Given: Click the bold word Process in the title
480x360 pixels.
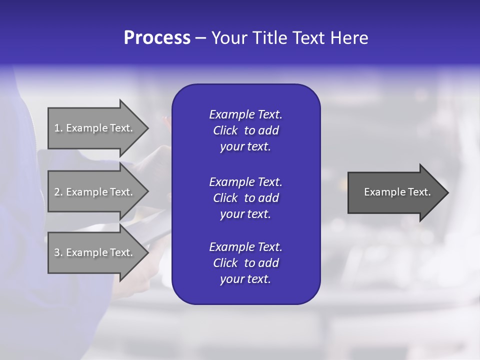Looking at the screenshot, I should tap(157, 38).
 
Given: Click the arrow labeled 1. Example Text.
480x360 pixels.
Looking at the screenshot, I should tap(95, 128).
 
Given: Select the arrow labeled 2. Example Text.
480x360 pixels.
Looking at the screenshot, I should tap(95, 192).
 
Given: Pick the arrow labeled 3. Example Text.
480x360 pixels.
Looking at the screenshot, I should tap(95, 252).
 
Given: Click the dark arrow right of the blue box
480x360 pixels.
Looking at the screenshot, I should tap(395, 192).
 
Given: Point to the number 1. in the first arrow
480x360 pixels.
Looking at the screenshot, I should tap(58, 128).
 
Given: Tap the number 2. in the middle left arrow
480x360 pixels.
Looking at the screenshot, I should tap(58, 192).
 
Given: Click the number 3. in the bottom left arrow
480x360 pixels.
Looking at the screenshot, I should tap(58, 252).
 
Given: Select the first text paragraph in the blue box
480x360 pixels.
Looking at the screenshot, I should tap(245, 130).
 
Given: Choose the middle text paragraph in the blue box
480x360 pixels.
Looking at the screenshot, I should tap(245, 198).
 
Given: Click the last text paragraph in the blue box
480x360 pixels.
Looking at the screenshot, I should tap(245, 263).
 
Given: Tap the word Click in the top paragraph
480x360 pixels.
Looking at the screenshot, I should tap(225, 130).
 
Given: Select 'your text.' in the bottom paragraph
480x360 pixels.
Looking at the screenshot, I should tap(245, 279).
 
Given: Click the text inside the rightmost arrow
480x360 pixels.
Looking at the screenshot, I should tap(397, 192).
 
